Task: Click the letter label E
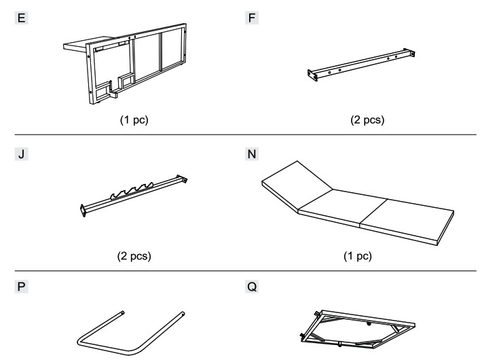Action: point(22,18)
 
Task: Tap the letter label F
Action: point(252,18)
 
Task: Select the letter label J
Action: point(22,154)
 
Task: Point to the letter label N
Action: point(252,154)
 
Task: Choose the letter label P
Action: point(22,287)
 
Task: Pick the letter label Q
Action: point(252,287)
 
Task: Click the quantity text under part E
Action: point(134,120)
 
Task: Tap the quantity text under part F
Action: point(367,120)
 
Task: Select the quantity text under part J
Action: point(134,255)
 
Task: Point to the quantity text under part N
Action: point(358,255)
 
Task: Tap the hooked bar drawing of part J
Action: point(134,196)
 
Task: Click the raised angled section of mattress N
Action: point(297,186)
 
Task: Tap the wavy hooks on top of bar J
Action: point(132,190)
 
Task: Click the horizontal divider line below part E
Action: point(246,134)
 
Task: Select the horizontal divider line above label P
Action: point(246,271)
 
